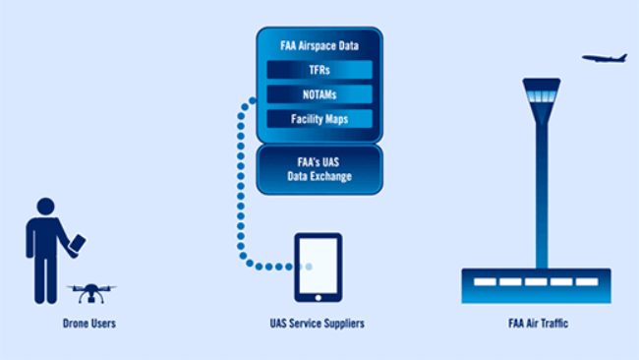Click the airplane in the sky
(x=604, y=58)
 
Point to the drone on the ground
(x=90, y=292)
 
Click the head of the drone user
(x=45, y=207)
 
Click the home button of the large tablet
(x=319, y=296)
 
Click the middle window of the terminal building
(x=537, y=282)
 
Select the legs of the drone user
(x=44, y=280)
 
